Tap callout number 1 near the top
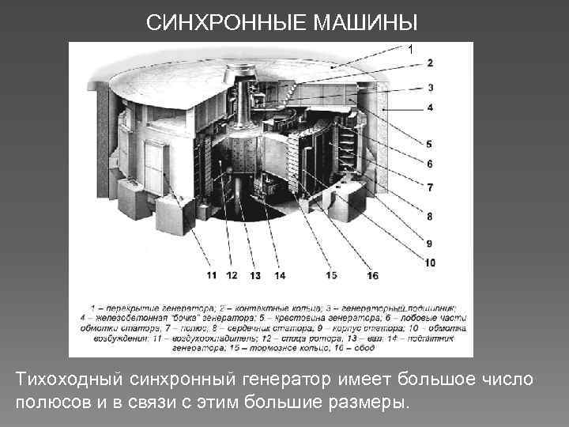[x=410, y=49]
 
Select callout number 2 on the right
[x=429, y=62]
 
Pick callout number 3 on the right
[x=429, y=88]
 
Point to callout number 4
[x=429, y=107]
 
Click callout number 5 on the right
[x=429, y=144]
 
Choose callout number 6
[x=429, y=164]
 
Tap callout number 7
[x=429, y=187]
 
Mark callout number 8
[x=429, y=215]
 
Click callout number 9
[x=429, y=243]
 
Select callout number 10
[x=429, y=262]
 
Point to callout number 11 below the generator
[x=211, y=275]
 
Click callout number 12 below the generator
[x=232, y=275]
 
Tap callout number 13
[x=254, y=275]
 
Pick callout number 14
[x=279, y=275]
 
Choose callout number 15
[x=331, y=275]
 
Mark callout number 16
[x=372, y=275]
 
